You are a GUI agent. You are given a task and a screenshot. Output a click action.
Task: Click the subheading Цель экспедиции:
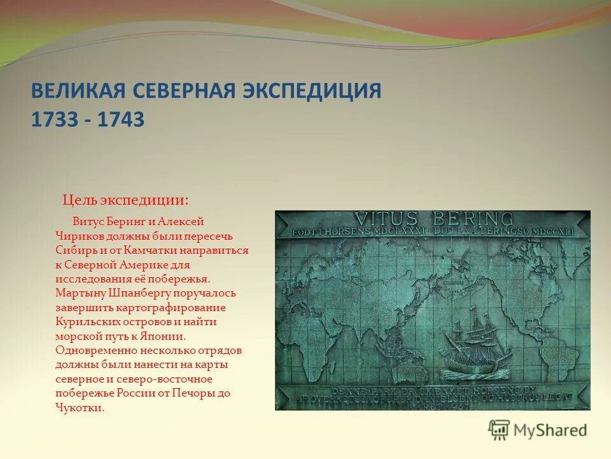(x=125, y=200)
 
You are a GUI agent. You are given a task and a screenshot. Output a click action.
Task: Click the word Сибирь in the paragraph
(x=74, y=251)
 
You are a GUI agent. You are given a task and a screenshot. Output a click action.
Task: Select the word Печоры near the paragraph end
(x=192, y=393)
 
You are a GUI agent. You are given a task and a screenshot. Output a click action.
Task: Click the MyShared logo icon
(x=500, y=430)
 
